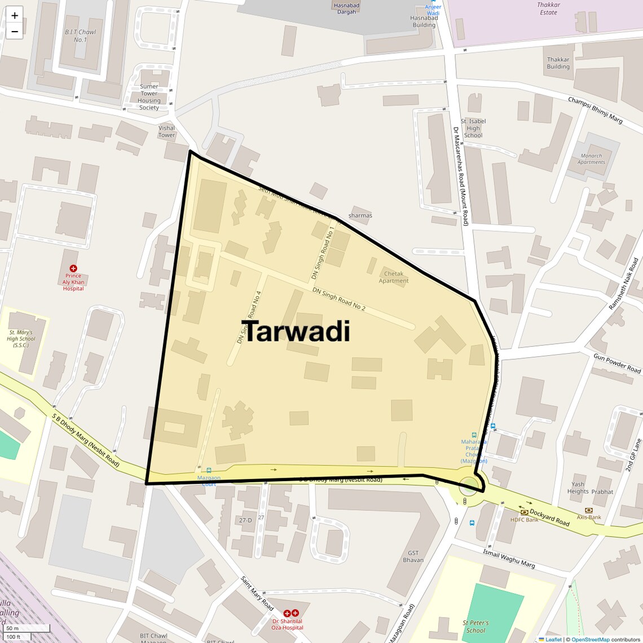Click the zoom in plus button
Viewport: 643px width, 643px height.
click(x=15, y=16)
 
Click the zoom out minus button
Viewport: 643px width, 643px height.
click(x=15, y=32)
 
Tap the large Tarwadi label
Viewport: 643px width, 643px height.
click(x=296, y=331)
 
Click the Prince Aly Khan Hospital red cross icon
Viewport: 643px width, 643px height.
click(x=73, y=268)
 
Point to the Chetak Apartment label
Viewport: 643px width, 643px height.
click(x=394, y=278)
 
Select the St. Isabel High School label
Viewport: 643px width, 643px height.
click(x=473, y=128)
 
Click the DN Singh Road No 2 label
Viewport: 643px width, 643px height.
click(x=339, y=299)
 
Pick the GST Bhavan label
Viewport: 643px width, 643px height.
click(x=413, y=557)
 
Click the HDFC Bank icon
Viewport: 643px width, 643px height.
click(x=524, y=512)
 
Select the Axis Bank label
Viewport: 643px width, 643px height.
click(x=589, y=517)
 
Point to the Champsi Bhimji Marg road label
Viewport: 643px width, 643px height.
click(x=595, y=110)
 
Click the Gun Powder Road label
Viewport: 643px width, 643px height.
click(x=617, y=363)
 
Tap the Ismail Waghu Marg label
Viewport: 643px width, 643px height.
click(x=509, y=558)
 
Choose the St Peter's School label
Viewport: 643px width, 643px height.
click(x=475, y=627)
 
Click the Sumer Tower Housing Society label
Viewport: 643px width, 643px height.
click(x=149, y=97)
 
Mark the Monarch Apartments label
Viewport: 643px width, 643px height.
click(x=591, y=159)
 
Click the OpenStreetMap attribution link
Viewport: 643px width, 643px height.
click(x=590, y=640)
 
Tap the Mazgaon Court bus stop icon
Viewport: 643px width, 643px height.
click(x=209, y=470)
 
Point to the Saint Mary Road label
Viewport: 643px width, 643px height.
click(x=257, y=593)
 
